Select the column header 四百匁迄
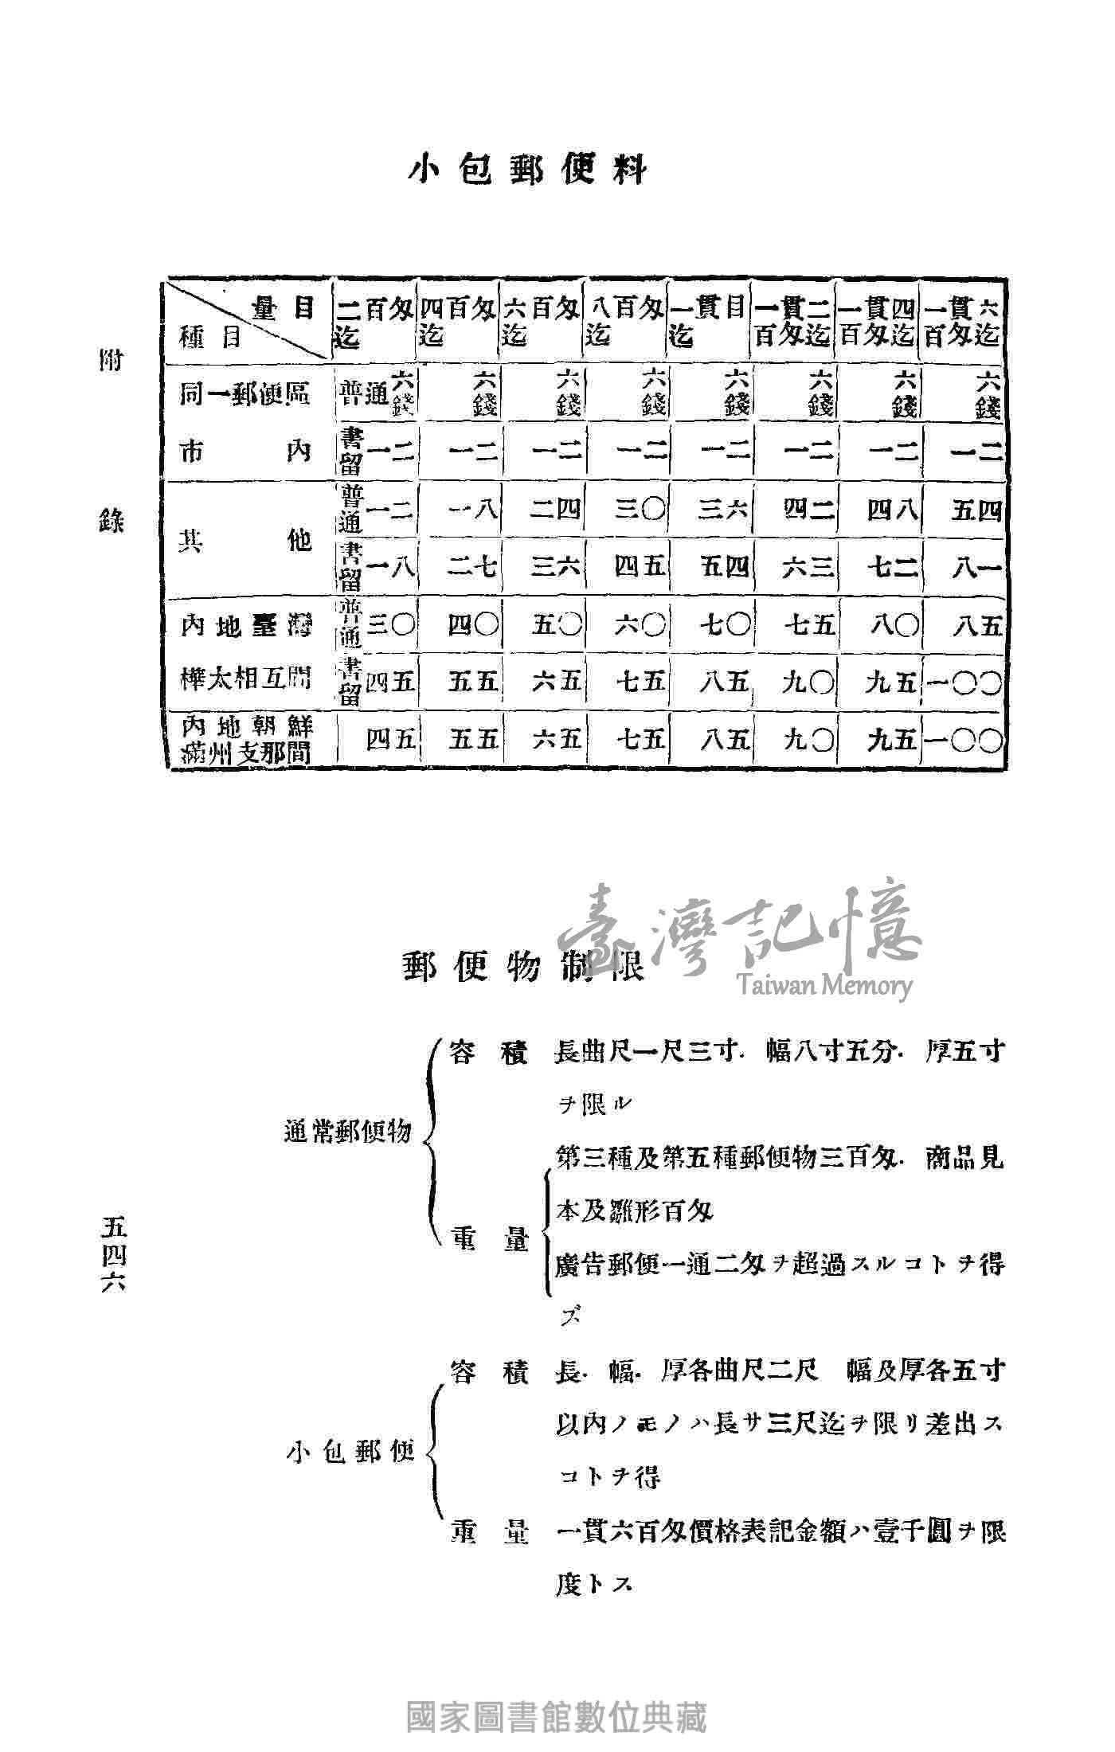(x=458, y=323)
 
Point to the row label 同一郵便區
(x=245, y=394)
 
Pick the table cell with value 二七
(x=473, y=568)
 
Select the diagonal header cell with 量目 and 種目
(x=247, y=323)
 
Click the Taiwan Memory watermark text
(x=824, y=986)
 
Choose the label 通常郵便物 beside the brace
(x=347, y=1132)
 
